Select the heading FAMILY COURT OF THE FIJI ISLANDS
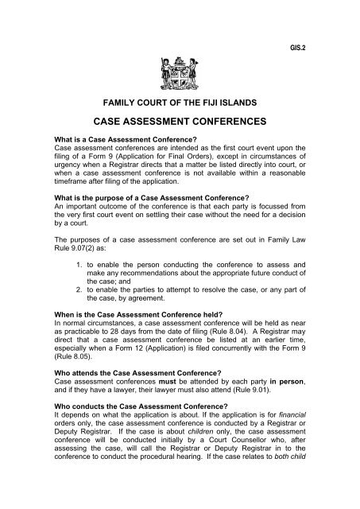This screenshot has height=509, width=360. point(180,104)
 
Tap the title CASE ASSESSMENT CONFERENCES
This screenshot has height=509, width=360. point(180,124)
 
